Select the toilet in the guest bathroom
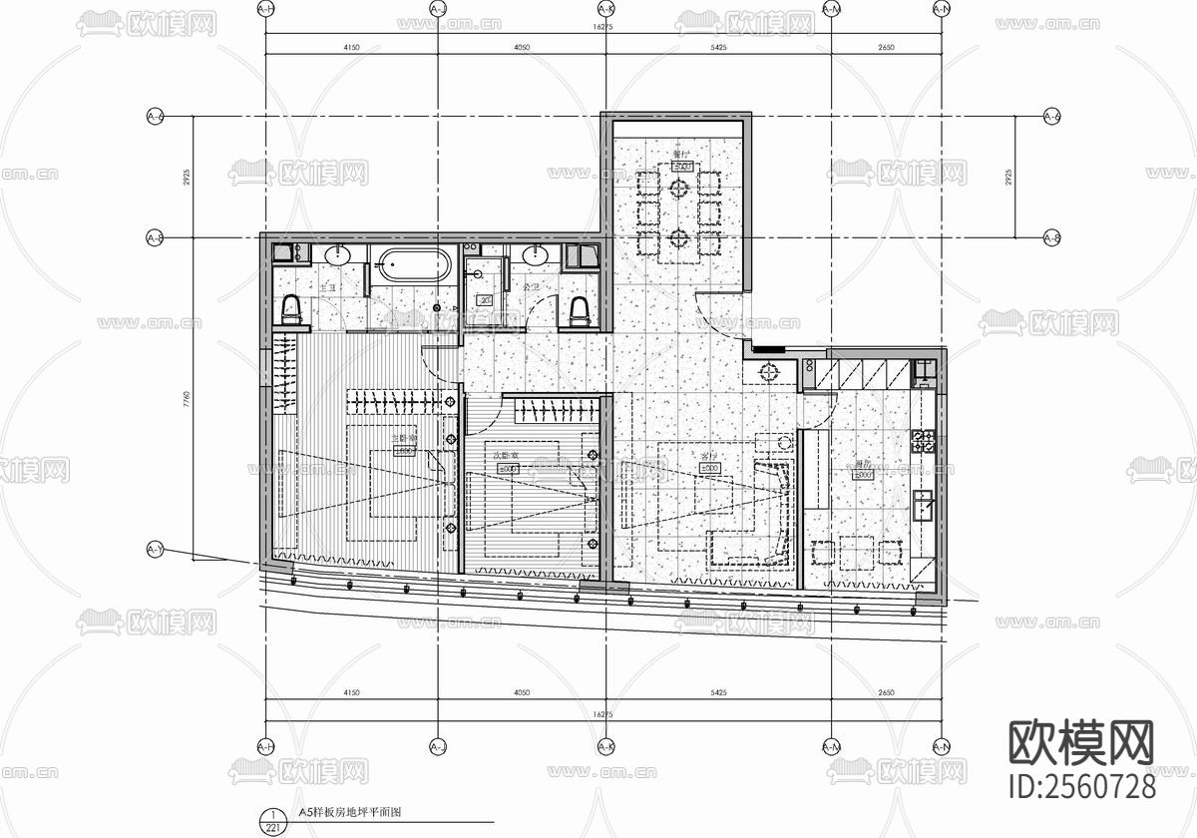coord(578,312)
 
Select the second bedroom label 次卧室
coord(506,457)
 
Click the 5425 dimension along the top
coord(716,47)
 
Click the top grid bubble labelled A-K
coord(603,9)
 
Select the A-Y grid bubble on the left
coord(155,550)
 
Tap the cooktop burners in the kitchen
coord(923,441)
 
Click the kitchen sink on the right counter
coord(924,507)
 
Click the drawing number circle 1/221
coord(267,820)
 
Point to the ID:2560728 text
coord(1082,785)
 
